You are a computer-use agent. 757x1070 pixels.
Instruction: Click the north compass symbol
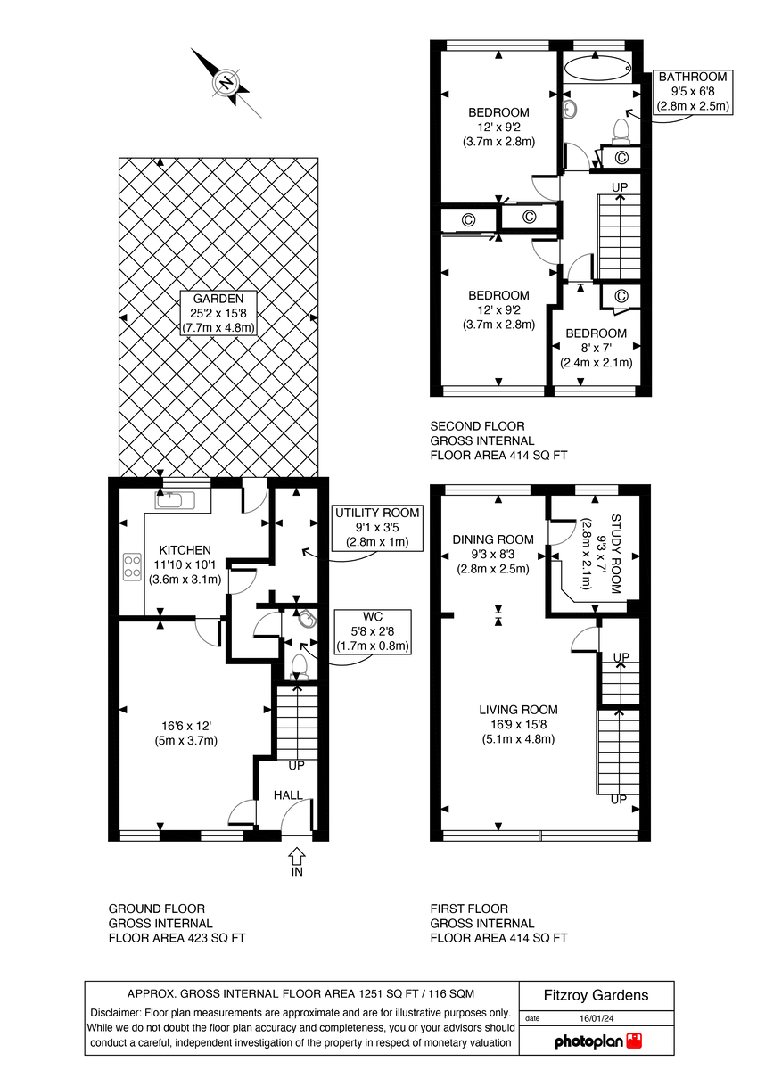click(226, 84)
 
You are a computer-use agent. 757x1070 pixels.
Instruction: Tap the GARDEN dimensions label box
click(218, 313)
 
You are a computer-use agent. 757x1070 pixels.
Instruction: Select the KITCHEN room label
click(185, 550)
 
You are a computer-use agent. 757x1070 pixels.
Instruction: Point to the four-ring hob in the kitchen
click(132, 565)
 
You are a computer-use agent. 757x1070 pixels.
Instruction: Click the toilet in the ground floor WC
click(299, 665)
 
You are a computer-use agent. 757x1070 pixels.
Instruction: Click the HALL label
click(288, 795)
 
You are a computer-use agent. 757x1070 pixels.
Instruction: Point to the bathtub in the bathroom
click(597, 68)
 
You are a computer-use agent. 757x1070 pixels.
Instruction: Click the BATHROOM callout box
click(693, 91)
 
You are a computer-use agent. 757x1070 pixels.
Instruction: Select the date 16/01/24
click(597, 1017)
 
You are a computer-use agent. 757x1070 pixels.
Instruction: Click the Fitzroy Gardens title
click(597, 996)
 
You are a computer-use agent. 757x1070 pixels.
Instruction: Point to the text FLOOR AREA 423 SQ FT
click(177, 938)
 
